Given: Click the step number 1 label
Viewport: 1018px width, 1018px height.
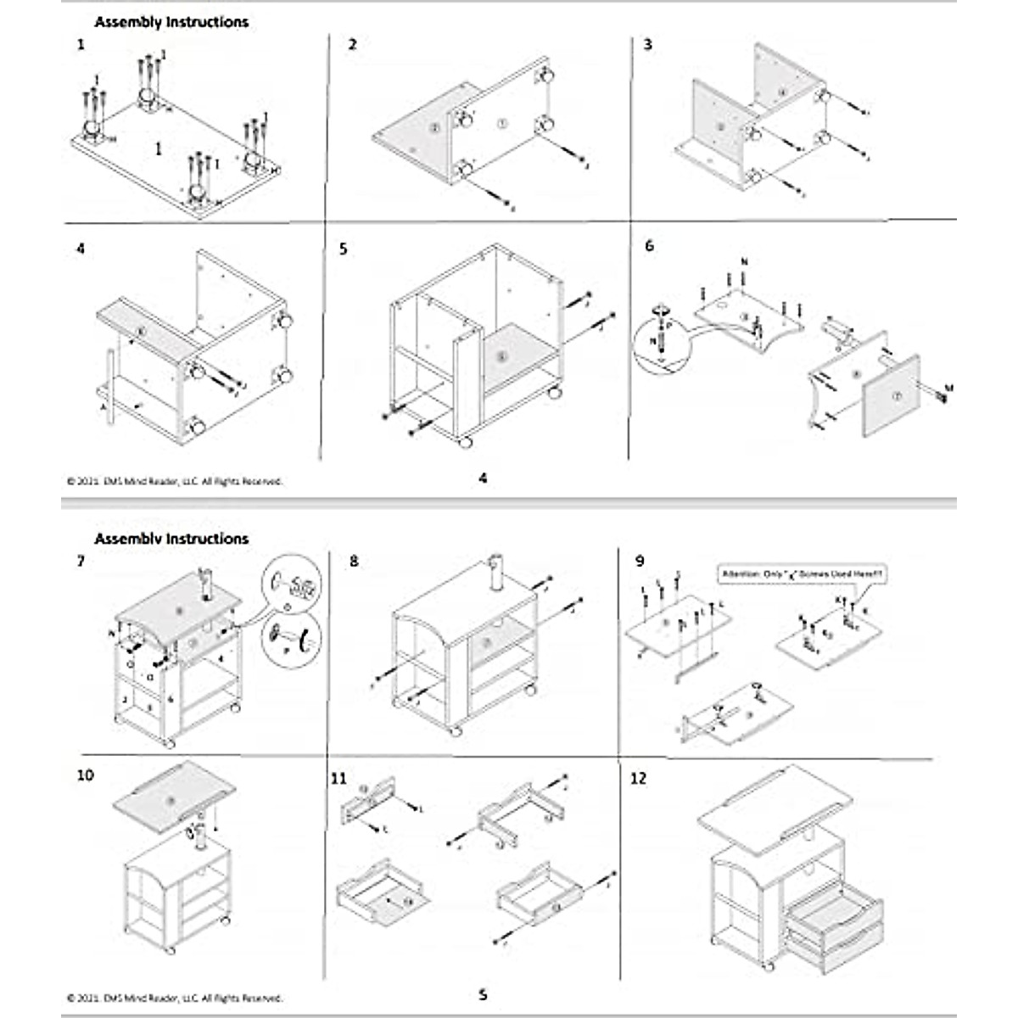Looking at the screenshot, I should pyautogui.click(x=81, y=44).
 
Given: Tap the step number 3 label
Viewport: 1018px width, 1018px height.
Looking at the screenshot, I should pyautogui.click(x=648, y=44).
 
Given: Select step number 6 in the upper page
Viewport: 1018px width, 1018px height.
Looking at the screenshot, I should pyautogui.click(x=650, y=246).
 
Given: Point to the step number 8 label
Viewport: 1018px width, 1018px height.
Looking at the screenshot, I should pyautogui.click(x=354, y=562).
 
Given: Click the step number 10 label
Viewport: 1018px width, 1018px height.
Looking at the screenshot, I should pyautogui.click(x=86, y=775).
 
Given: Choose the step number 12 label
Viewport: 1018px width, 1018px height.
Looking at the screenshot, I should pyautogui.click(x=639, y=777).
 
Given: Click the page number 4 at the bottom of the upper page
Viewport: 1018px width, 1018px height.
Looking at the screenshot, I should pyautogui.click(x=483, y=478).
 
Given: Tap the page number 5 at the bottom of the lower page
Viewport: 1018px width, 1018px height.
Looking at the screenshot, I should pyautogui.click(x=483, y=994).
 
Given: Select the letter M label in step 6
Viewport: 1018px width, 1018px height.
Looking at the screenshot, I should pyautogui.click(x=948, y=389).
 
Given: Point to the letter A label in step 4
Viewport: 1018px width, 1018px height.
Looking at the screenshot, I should pyautogui.click(x=103, y=407).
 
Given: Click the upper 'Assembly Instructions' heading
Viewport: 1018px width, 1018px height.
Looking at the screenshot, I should pyautogui.click(x=171, y=22).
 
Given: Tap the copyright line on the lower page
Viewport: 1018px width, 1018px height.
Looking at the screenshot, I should pyautogui.click(x=174, y=998).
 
